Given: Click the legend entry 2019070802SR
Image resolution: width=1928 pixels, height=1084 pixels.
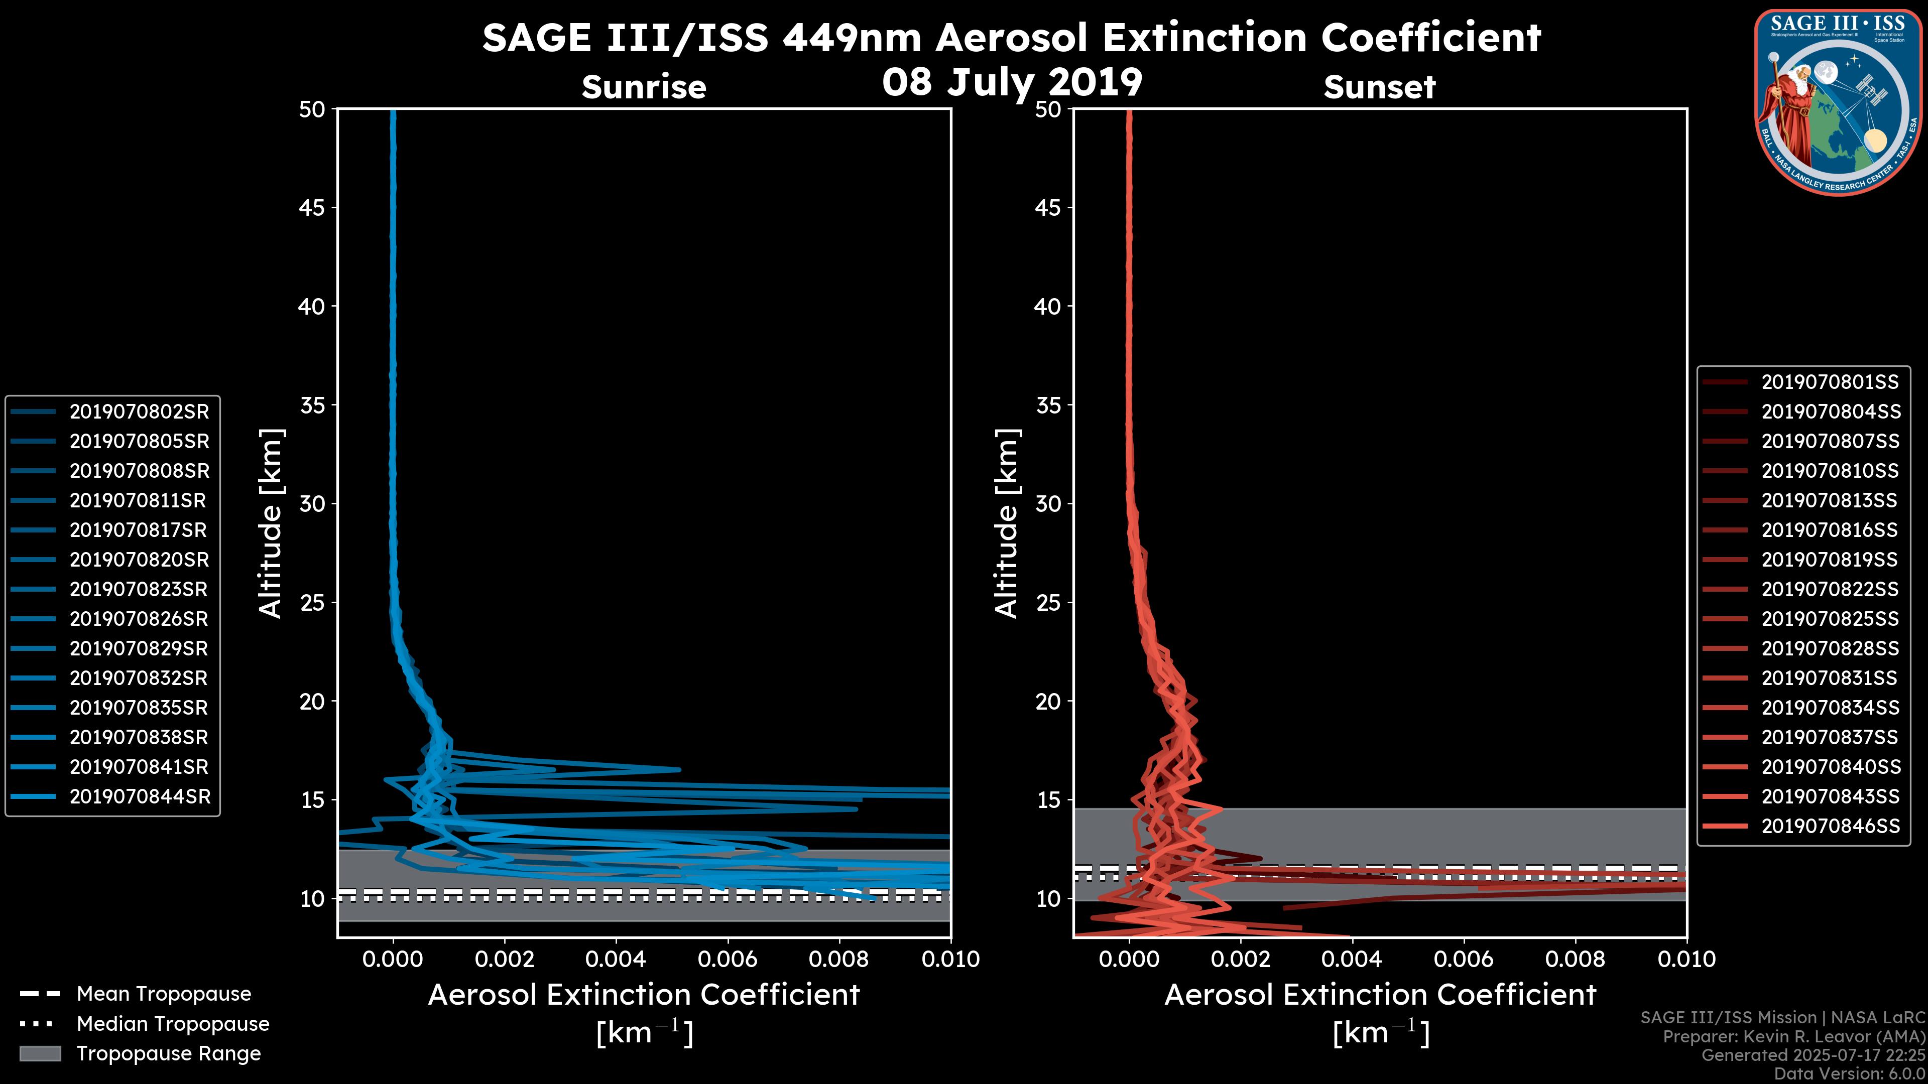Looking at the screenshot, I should click(139, 412).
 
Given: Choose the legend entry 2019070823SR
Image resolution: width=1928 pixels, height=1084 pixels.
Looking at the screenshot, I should click(139, 590).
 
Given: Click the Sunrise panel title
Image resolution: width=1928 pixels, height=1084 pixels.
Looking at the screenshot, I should click(644, 87).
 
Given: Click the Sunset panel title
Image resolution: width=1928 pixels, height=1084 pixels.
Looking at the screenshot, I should click(1379, 87).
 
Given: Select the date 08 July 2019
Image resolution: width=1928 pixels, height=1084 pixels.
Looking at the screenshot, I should click(1012, 82).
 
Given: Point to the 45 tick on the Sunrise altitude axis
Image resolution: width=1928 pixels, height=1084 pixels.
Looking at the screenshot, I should click(312, 207).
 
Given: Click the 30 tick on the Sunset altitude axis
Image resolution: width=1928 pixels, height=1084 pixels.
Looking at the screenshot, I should click(1048, 503).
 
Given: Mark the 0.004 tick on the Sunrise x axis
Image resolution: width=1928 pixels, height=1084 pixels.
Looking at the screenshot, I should click(616, 959).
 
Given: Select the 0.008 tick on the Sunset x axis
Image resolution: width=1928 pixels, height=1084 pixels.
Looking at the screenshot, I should click(1576, 959).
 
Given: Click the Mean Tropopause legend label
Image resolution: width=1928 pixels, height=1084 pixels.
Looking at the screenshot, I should click(164, 994).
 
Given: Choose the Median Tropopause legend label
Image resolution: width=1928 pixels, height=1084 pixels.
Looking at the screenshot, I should click(173, 1024).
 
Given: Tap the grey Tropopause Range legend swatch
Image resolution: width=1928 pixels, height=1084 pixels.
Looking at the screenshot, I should click(40, 1053).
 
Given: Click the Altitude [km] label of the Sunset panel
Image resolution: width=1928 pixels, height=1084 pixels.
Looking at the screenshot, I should click(1007, 523).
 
